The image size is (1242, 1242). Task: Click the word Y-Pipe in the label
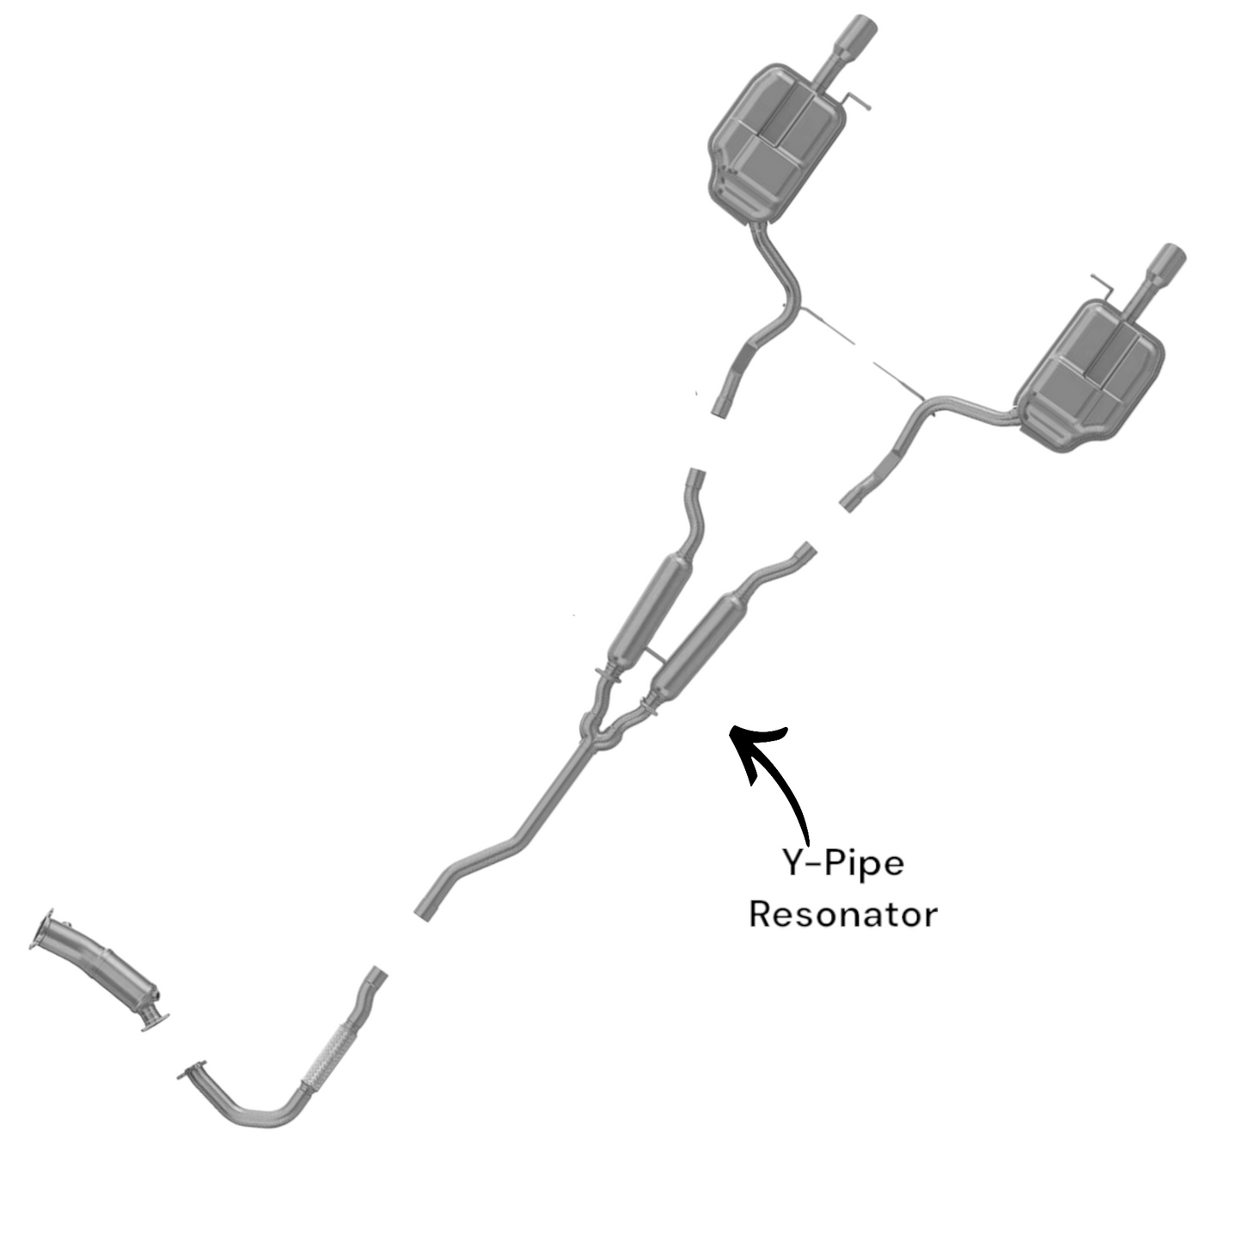point(842,862)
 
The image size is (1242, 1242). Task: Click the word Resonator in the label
point(842,914)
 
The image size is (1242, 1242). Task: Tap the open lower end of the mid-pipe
point(423,910)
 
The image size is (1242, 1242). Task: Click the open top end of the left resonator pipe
point(697,477)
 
